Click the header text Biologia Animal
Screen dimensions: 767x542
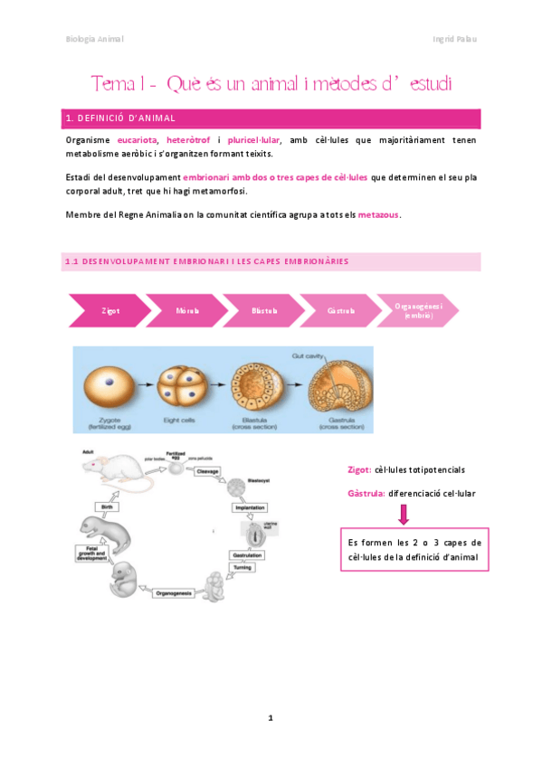(95, 39)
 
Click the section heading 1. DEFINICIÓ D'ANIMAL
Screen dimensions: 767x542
(121, 118)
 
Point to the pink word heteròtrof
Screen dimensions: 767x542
(188, 140)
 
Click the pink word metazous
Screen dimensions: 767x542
(378, 214)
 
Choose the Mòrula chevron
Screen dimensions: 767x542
(185, 310)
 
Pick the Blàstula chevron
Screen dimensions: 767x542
(262, 310)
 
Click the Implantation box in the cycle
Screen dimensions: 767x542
(249, 508)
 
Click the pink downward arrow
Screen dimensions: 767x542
(404, 515)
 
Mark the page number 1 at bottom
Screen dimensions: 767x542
(270, 717)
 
